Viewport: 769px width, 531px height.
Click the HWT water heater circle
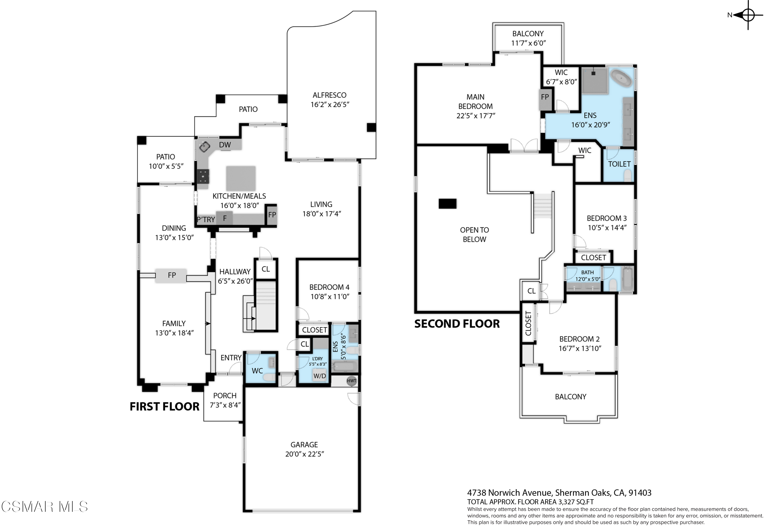pos(351,381)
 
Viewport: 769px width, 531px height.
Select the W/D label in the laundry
pos(320,376)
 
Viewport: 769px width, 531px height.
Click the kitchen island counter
pos(241,179)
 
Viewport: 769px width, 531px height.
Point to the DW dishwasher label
pos(225,145)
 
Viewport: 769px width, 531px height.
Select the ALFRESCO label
pos(330,95)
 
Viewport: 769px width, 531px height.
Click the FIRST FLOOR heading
pos(165,407)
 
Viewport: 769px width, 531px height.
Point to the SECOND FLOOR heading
pos(457,324)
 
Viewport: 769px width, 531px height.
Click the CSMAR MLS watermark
pos(45,507)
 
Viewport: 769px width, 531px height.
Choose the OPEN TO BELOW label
pos(474,235)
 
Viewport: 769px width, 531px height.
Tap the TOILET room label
pos(619,164)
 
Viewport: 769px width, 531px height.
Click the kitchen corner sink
pos(204,147)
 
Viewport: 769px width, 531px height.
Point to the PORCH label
pos(225,395)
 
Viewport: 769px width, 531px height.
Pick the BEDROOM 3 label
pos(606,218)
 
